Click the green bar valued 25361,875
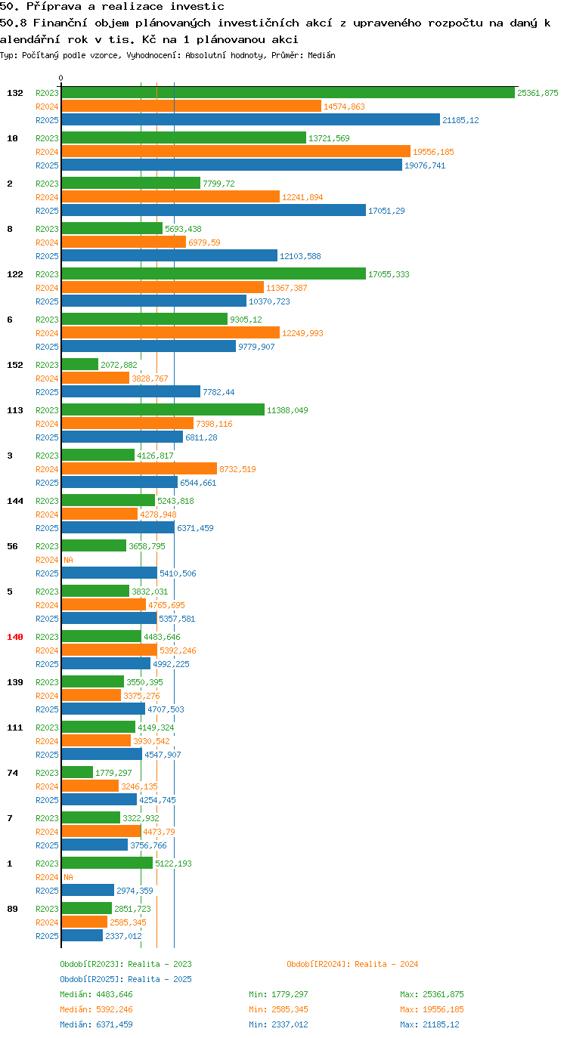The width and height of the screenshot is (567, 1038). click(288, 93)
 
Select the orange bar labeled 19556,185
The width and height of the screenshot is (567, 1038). click(236, 152)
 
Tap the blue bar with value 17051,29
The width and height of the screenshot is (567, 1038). click(214, 210)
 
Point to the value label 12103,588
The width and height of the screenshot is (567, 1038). click(300, 256)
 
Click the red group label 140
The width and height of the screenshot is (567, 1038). click(15, 637)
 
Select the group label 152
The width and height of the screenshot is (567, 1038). click(15, 365)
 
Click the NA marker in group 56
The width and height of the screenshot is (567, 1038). click(68, 560)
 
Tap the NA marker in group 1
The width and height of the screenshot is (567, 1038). click(68, 877)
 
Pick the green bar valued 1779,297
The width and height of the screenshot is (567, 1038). click(77, 773)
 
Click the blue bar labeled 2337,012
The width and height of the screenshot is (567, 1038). click(82, 935)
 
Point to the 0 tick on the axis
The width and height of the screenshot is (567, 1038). click(60, 79)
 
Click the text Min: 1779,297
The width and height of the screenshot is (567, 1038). click(278, 994)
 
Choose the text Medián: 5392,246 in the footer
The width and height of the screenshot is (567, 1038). click(96, 1009)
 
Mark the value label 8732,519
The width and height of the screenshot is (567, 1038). click(237, 469)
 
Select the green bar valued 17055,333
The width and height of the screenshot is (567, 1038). click(214, 274)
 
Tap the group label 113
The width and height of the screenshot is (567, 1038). click(15, 410)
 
